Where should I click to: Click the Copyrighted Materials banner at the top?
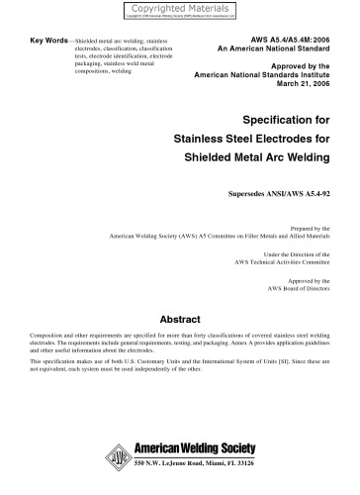(179, 9)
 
